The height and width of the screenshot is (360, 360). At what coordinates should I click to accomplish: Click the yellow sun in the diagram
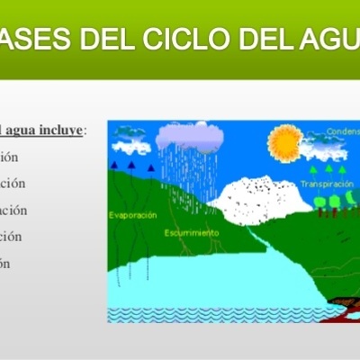click(x=287, y=140)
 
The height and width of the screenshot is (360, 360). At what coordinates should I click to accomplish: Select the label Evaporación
click(x=132, y=215)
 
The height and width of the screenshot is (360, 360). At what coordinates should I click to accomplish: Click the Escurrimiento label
click(x=191, y=232)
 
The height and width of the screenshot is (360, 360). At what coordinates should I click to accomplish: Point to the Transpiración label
click(x=328, y=184)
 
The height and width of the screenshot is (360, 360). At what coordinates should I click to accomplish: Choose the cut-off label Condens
click(x=343, y=131)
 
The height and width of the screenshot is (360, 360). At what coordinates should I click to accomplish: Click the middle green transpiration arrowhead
click(x=328, y=168)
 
